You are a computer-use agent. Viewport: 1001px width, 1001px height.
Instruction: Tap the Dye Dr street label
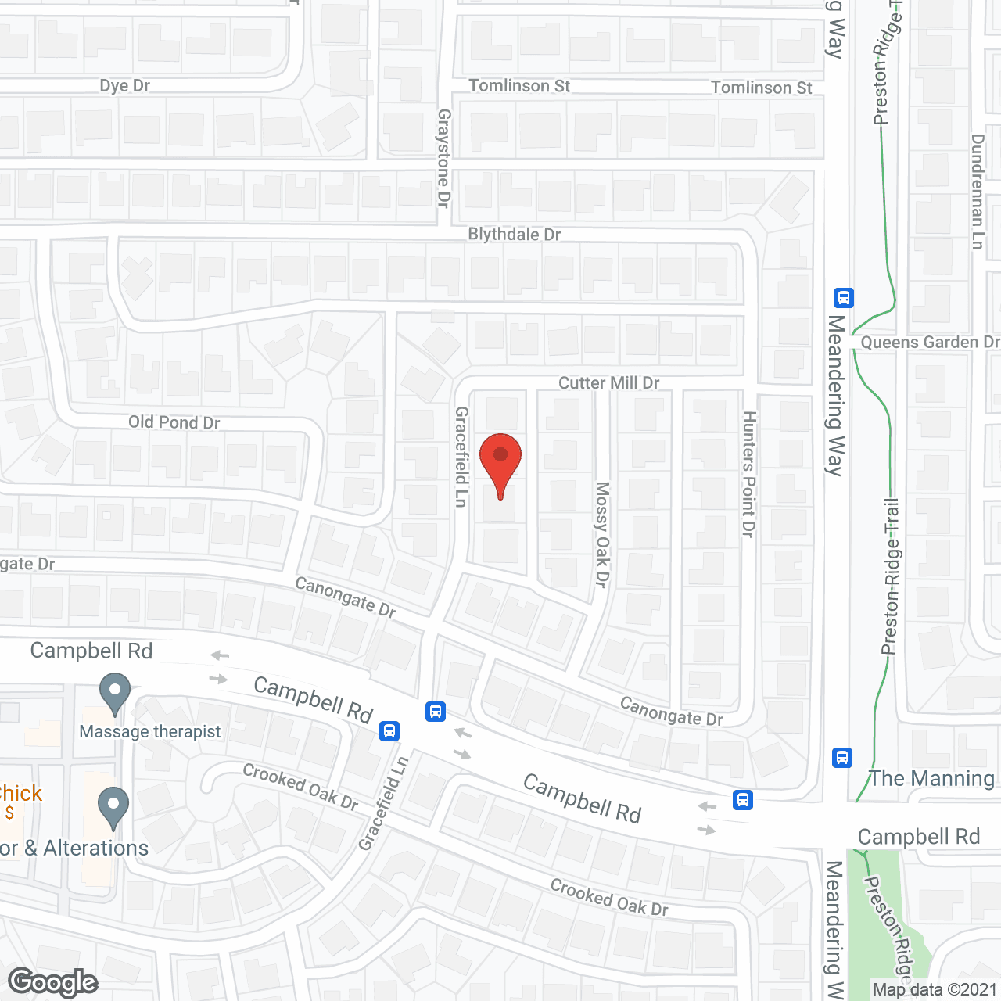pos(124,86)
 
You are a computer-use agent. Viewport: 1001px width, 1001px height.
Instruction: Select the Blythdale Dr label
pos(514,235)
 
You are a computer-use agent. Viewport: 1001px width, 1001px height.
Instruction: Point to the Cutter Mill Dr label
pos(608,382)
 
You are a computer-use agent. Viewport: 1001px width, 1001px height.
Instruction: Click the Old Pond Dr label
pos(174,422)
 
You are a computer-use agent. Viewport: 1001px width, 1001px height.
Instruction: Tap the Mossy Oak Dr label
pos(601,534)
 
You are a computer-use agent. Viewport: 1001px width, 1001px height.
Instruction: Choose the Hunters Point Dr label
pos(748,474)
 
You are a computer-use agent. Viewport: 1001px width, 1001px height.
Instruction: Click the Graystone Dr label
pos(443,158)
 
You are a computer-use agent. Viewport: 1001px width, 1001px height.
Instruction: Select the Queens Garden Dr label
pos(930,343)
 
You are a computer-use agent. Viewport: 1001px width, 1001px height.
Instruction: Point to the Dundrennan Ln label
pos(978,192)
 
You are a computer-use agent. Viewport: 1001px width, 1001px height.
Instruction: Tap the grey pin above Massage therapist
pos(115,693)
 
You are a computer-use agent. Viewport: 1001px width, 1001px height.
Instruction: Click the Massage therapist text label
pos(150,732)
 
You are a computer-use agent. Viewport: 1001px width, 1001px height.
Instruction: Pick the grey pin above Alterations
pos(113,807)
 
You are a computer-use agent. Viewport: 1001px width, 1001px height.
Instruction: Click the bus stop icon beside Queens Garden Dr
pos(843,298)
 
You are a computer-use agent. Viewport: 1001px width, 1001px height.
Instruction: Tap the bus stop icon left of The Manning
pos(842,757)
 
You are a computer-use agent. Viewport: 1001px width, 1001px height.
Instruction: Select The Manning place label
pos(932,779)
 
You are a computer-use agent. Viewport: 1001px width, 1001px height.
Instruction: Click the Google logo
pos(53,982)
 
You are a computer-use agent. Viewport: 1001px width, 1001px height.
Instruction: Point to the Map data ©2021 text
pos(935,990)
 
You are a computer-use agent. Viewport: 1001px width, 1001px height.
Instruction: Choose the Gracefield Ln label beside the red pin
pos(461,457)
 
